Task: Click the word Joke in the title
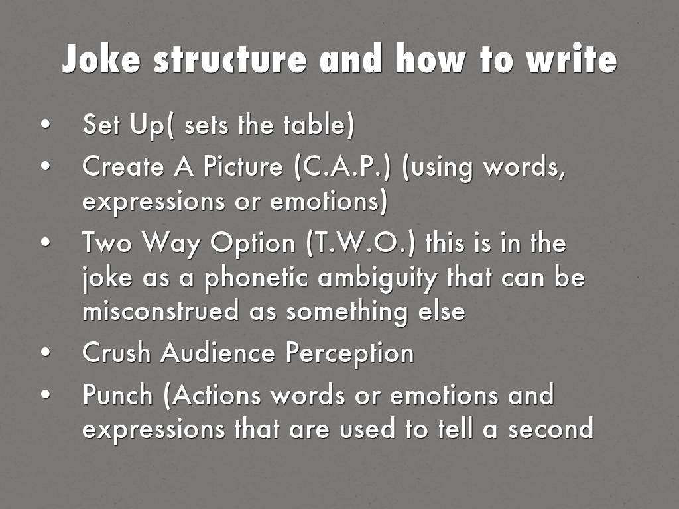(101, 58)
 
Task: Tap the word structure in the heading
(230, 59)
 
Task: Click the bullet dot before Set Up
(46, 124)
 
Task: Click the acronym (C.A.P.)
(342, 166)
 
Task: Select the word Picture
(243, 166)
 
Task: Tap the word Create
(123, 166)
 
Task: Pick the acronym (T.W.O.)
(360, 243)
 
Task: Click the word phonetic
(256, 278)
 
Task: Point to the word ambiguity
(377, 278)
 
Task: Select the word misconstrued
(160, 310)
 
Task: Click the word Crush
(116, 352)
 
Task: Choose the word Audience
(217, 352)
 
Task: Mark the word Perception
(349, 353)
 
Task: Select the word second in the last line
(550, 429)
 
